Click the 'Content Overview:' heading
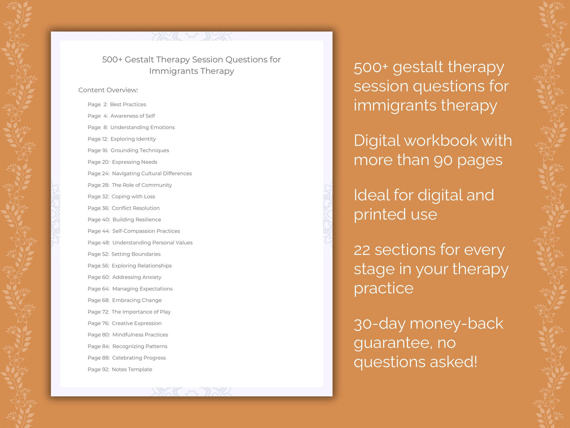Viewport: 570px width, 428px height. coord(108,90)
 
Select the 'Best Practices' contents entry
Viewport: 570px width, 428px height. coord(128,105)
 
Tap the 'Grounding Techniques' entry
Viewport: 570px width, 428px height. coord(140,150)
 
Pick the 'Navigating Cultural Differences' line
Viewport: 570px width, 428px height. coord(152,173)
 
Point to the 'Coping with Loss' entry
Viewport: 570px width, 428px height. coord(133,197)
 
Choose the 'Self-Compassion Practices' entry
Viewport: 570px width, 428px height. coord(146,231)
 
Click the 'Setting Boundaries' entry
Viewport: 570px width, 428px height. coord(136,254)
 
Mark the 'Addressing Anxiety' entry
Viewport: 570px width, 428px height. coord(136,277)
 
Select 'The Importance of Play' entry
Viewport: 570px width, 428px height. coord(141,312)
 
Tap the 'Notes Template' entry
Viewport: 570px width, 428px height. coord(132,370)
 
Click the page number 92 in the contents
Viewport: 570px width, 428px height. coord(105,370)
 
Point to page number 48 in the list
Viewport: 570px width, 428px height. coord(105,243)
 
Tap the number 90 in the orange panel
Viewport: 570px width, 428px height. coord(443,160)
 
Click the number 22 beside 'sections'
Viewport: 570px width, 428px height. coord(362,250)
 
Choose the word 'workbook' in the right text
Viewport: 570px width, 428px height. coord(441,141)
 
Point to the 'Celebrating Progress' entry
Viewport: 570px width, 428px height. coord(139,358)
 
